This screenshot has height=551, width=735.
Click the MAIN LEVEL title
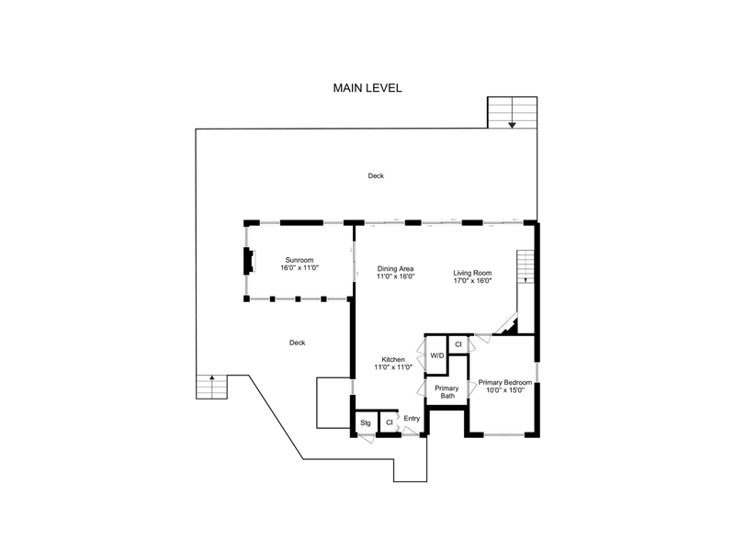(x=367, y=88)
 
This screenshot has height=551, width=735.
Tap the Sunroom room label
(x=300, y=260)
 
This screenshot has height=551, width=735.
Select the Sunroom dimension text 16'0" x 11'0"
(x=300, y=268)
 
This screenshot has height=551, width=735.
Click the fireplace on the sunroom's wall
(x=249, y=261)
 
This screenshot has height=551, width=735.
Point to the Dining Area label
(x=395, y=269)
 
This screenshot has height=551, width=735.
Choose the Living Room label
(x=472, y=273)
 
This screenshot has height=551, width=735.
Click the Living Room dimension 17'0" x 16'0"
(x=472, y=281)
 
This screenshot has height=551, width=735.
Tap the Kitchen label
(x=393, y=359)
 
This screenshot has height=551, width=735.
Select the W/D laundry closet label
(x=437, y=355)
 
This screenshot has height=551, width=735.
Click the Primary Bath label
(x=447, y=392)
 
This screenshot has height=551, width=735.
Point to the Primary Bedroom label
(x=504, y=382)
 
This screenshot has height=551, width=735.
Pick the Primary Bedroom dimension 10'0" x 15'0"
(x=504, y=389)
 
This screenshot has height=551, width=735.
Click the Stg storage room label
(x=365, y=423)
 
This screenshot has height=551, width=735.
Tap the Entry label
(x=412, y=419)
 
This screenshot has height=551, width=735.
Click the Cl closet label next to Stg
(x=389, y=422)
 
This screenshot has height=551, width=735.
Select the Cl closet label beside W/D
(x=458, y=344)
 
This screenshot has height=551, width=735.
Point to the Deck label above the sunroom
(x=376, y=175)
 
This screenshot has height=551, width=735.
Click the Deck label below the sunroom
(x=297, y=343)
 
